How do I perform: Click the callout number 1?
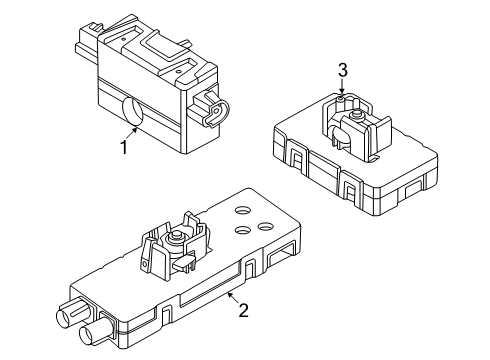point(124,149)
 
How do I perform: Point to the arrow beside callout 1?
point(135,132)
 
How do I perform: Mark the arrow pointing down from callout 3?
point(341,88)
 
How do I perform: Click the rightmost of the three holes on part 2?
point(265,228)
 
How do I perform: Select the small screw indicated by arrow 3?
point(341,98)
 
